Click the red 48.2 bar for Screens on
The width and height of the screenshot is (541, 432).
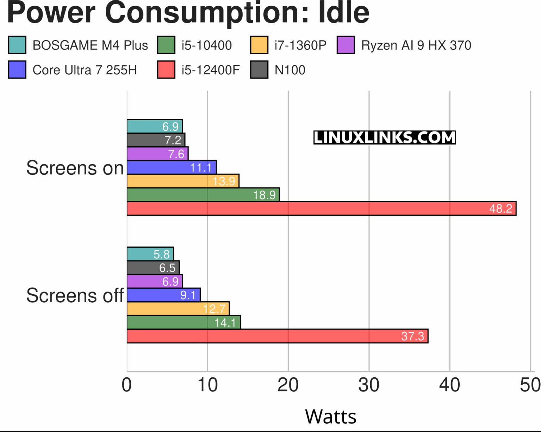click(x=321, y=208)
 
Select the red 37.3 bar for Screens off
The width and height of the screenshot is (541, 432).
click(x=277, y=336)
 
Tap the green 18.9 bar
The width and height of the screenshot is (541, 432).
click(x=203, y=195)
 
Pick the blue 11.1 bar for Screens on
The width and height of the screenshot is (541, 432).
click(x=172, y=167)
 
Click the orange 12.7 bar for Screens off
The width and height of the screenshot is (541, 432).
click(x=178, y=308)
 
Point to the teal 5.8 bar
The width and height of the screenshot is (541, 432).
click(x=150, y=254)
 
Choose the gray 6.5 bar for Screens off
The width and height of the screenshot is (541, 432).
click(x=153, y=267)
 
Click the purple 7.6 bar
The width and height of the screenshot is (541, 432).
click(x=157, y=153)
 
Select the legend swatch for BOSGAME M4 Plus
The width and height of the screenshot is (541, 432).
click(x=17, y=45)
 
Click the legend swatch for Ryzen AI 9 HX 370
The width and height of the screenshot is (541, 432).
click(x=346, y=45)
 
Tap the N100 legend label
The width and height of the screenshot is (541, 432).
click(x=290, y=70)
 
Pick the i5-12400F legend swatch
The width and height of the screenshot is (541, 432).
click(x=166, y=70)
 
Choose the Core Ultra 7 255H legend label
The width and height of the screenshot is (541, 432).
click(x=85, y=70)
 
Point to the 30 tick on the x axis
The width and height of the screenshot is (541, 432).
click(x=369, y=385)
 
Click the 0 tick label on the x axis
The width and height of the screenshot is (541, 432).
click(x=127, y=385)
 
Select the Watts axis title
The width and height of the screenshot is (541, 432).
click(x=330, y=416)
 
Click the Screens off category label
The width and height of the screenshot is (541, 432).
click(x=75, y=295)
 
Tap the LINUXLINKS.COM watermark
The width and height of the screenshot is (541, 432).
click(x=385, y=137)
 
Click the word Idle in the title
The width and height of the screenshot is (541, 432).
click(x=344, y=13)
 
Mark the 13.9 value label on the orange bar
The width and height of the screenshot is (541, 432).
click(x=224, y=181)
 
